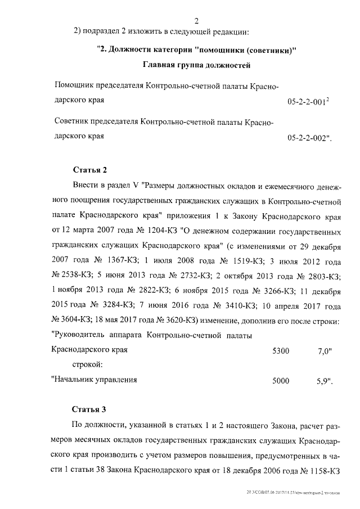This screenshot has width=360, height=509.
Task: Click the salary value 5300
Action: pos(280,351)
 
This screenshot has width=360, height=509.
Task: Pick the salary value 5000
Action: pos(280,381)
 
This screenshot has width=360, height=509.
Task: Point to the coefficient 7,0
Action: pos(325,351)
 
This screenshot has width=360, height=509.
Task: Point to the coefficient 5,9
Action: pos(325,381)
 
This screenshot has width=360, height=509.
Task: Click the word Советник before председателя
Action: pos(74,121)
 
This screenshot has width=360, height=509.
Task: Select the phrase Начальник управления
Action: pos(96,380)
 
